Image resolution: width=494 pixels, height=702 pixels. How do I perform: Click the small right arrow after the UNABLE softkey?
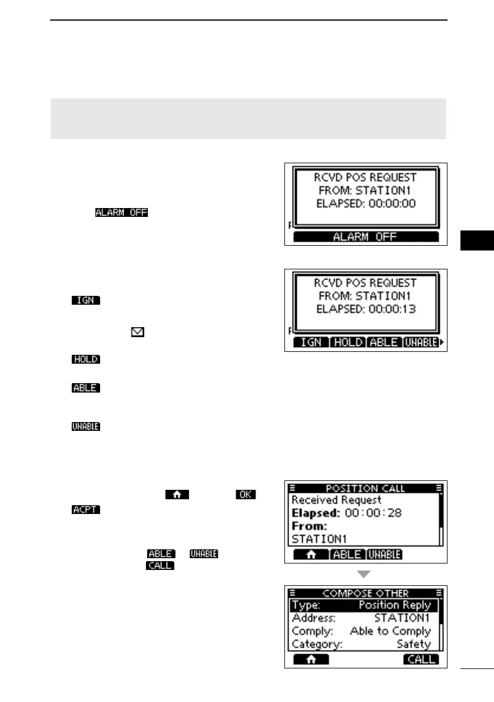(442, 342)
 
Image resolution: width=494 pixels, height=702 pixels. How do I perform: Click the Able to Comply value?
(390, 631)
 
